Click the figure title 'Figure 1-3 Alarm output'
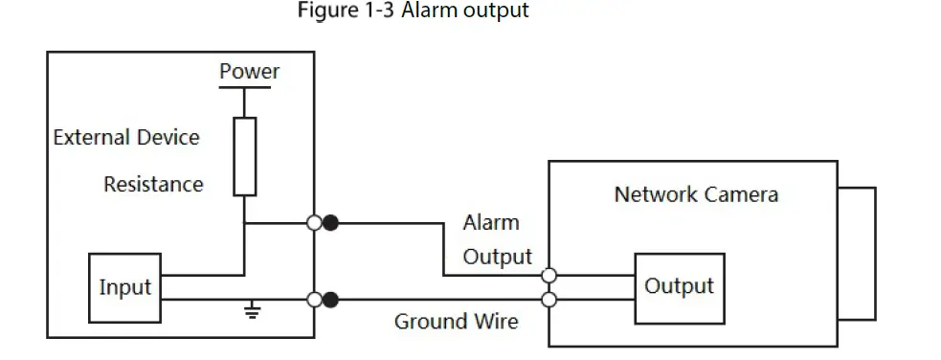point(413,11)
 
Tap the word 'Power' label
point(249,71)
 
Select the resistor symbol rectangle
point(245,156)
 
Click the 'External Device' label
point(126,137)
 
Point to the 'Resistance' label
point(153,184)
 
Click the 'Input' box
point(124,287)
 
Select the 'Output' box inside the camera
point(678,285)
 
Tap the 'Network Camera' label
point(696,194)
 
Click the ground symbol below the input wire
point(252,310)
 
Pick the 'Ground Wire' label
point(456,321)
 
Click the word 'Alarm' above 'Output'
point(491,222)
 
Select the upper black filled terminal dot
point(330,223)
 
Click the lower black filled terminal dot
point(330,300)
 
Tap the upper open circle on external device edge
point(314,223)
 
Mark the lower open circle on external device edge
point(314,300)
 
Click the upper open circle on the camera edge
point(549,276)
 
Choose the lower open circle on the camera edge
point(549,300)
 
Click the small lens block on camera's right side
point(857,252)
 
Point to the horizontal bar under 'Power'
point(245,87)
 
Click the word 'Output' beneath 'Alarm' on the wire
point(497,257)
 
